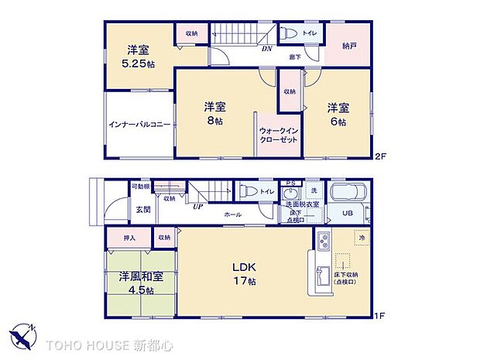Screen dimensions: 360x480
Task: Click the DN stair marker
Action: [x=266, y=49]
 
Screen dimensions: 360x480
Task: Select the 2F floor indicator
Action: [x=379, y=156]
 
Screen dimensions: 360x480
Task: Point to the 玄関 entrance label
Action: [x=144, y=210]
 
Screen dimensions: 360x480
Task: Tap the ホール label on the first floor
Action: [x=231, y=214]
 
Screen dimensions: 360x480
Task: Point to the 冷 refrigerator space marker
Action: [x=362, y=238]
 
